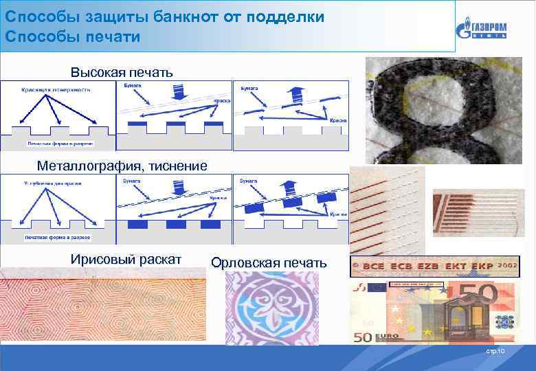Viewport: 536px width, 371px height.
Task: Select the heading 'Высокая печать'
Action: coord(122,72)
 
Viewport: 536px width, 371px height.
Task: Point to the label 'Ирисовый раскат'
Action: coord(126,259)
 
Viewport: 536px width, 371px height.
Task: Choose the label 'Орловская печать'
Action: coord(269,263)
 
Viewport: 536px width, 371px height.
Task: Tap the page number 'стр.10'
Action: coord(495,352)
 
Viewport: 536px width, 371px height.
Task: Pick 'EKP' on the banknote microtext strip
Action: coord(476,266)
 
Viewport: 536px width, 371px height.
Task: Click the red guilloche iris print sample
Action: coord(103,309)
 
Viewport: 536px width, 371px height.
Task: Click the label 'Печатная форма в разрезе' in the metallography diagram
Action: coord(58,238)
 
